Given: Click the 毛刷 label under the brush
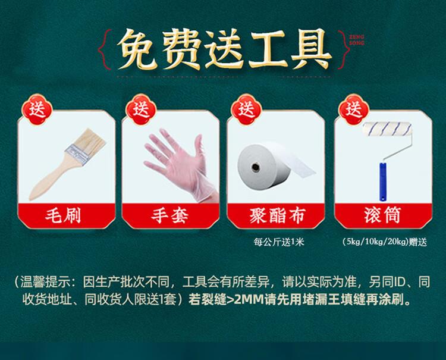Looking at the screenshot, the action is click(63, 215).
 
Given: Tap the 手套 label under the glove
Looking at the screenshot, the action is click(169, 215).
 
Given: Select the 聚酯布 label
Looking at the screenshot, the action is click(277, 215).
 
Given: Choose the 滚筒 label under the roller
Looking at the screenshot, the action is click(382, 215).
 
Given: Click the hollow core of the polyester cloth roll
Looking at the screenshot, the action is click(255, 167).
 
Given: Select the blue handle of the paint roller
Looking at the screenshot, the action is click(383, 181).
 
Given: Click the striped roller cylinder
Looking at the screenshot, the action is click(387, 129).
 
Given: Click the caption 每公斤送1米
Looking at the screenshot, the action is click(279, 242).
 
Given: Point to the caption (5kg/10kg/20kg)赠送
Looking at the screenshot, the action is click(385, 242).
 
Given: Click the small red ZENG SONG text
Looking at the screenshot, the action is click(357, 40).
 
